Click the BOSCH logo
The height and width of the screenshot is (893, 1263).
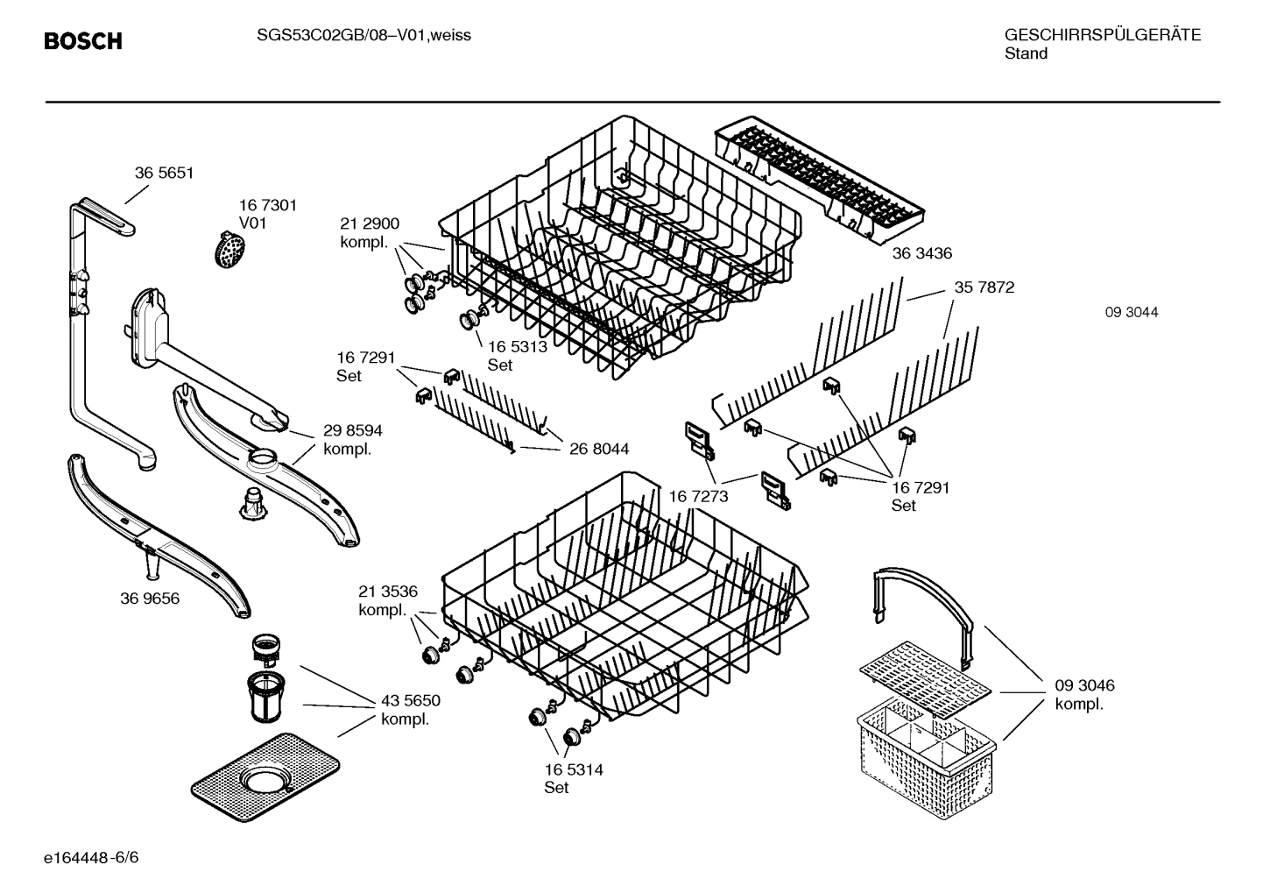(83, 41)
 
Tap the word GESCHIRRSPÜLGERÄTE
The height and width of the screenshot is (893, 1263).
(1102, 35)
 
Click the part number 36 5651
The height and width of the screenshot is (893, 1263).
(164, 174)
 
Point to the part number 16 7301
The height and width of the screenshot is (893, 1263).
(268, 205)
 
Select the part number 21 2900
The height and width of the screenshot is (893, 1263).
(370, 224)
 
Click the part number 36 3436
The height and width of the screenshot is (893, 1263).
(921, 253)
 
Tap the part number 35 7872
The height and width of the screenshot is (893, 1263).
(984, 287)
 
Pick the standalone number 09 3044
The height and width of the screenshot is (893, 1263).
(1131, 312)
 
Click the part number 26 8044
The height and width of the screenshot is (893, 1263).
(599, 450)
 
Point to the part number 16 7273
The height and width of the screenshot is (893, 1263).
(698, 497)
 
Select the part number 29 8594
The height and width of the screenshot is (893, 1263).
(352, 431)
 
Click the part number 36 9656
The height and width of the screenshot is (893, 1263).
(150, 599)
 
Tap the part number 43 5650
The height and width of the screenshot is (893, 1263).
(410, 701)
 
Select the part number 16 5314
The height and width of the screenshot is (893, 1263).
(573, 769)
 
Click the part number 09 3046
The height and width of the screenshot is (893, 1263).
(1084, 685)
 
